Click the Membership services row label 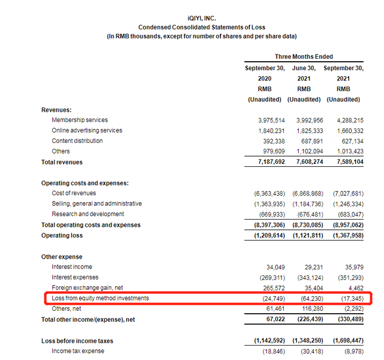[x=80, y=120]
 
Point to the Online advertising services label [x=87, y=130]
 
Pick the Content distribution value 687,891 [x=307, y=141]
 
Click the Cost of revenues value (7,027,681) [x=343, y=193]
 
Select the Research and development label [x=88, y=214]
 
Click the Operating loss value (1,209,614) [x=265, y=235]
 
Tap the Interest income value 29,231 [x=311, y=267]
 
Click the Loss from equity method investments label [x=100, y=298]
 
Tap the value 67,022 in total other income [x=272, y=320]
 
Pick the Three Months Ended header [x=304, y=57]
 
